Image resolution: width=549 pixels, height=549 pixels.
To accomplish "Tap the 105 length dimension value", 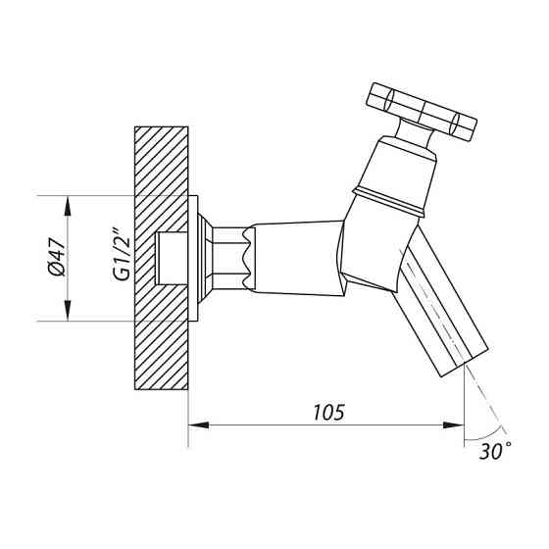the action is pos(328,413).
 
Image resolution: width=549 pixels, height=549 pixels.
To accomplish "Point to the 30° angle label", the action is pos(495,451).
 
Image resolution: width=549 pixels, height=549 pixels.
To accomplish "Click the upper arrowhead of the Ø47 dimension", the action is pos(68,206).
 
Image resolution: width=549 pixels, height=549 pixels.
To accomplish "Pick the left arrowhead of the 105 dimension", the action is pos(199,425).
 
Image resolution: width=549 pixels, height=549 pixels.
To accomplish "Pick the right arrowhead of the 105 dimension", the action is pos(453,425).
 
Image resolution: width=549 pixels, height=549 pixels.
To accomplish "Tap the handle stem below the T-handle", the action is pos(414,133).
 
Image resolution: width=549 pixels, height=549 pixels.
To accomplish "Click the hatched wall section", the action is pos(162,258).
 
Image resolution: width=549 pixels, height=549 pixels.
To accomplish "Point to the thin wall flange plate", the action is pos(193,259).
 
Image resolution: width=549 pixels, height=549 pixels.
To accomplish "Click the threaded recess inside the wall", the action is pos(172,259).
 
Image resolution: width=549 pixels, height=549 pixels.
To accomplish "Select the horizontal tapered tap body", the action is pos(299,258).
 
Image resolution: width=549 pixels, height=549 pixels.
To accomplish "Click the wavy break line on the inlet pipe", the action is pos(249,259).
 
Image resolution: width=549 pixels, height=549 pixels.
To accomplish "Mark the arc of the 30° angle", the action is pos(486,435).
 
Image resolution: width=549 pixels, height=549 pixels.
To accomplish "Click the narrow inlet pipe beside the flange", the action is pos(228,259).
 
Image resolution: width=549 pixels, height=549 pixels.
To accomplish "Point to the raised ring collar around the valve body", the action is pos(388,201).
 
